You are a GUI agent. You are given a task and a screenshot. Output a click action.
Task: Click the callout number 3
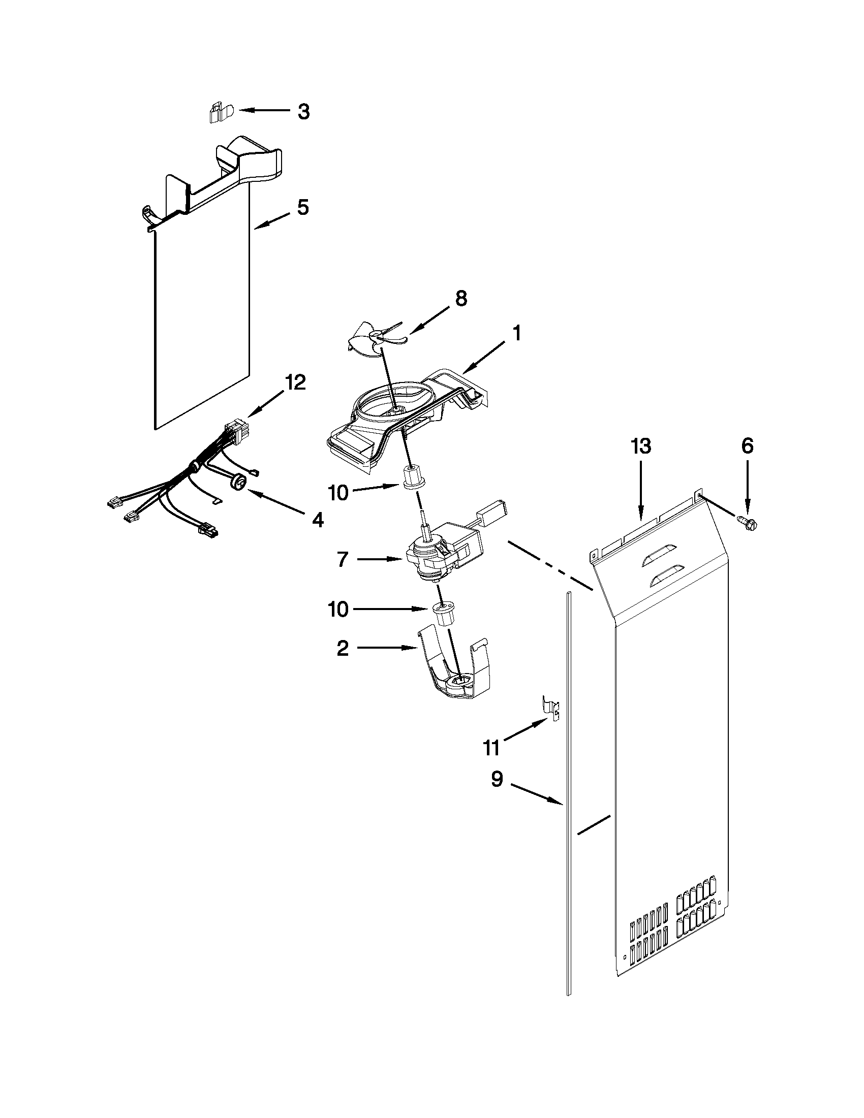point(304,111)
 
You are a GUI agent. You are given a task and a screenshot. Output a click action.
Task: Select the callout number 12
point(295,382)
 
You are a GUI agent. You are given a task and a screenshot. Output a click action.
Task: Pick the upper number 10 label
point(338,492)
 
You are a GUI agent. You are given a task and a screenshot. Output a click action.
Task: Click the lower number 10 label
point(338,609)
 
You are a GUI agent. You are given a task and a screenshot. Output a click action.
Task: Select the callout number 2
point(343,649)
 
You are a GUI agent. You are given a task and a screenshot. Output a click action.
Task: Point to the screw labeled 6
point(748,521)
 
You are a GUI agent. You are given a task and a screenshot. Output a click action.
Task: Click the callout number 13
point(641,446)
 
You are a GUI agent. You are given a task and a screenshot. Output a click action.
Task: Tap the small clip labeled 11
point(550,707)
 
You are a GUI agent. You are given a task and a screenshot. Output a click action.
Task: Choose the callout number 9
point(497,780)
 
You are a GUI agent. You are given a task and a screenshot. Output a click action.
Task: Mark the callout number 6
point(747,446)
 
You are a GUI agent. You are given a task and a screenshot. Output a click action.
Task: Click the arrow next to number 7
point(380,560)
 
